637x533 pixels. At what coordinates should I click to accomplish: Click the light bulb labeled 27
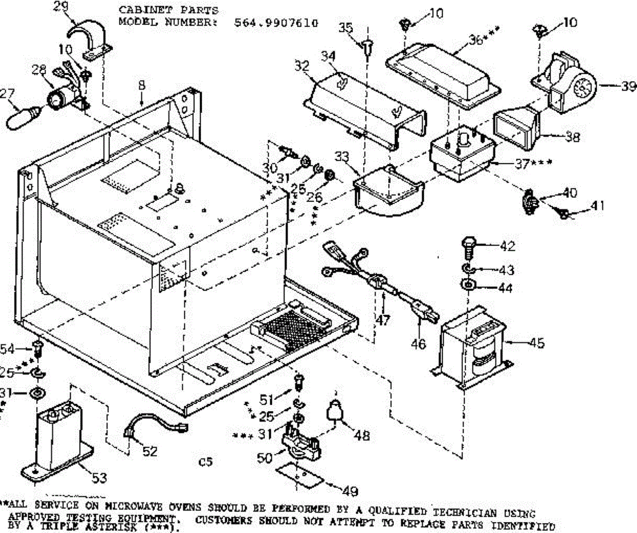tap(22, 116)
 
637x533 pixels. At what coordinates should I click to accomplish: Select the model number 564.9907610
tap(276, 23)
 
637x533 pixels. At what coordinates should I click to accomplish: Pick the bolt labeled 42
tap(468, 247)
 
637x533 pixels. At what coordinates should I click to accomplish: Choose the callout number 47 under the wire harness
tap(383, 319)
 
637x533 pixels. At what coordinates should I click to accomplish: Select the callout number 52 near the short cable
tap(150, 451)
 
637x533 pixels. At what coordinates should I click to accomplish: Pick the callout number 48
tap(363, 435)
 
